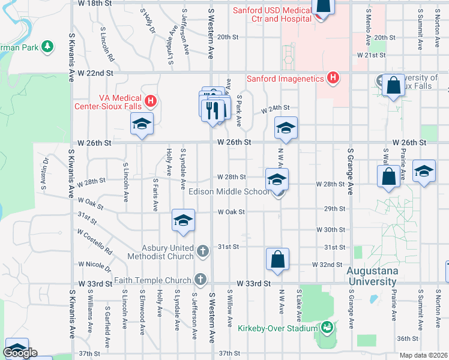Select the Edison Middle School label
(229, 192)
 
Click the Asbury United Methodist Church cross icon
(203, 250)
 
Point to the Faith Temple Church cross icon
(200, 279)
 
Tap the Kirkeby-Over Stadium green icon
(327, 328)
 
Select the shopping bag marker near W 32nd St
(278, 260)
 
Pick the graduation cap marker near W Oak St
(183, 220)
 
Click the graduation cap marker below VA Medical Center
(142, 125)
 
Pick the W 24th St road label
(275, 109)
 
